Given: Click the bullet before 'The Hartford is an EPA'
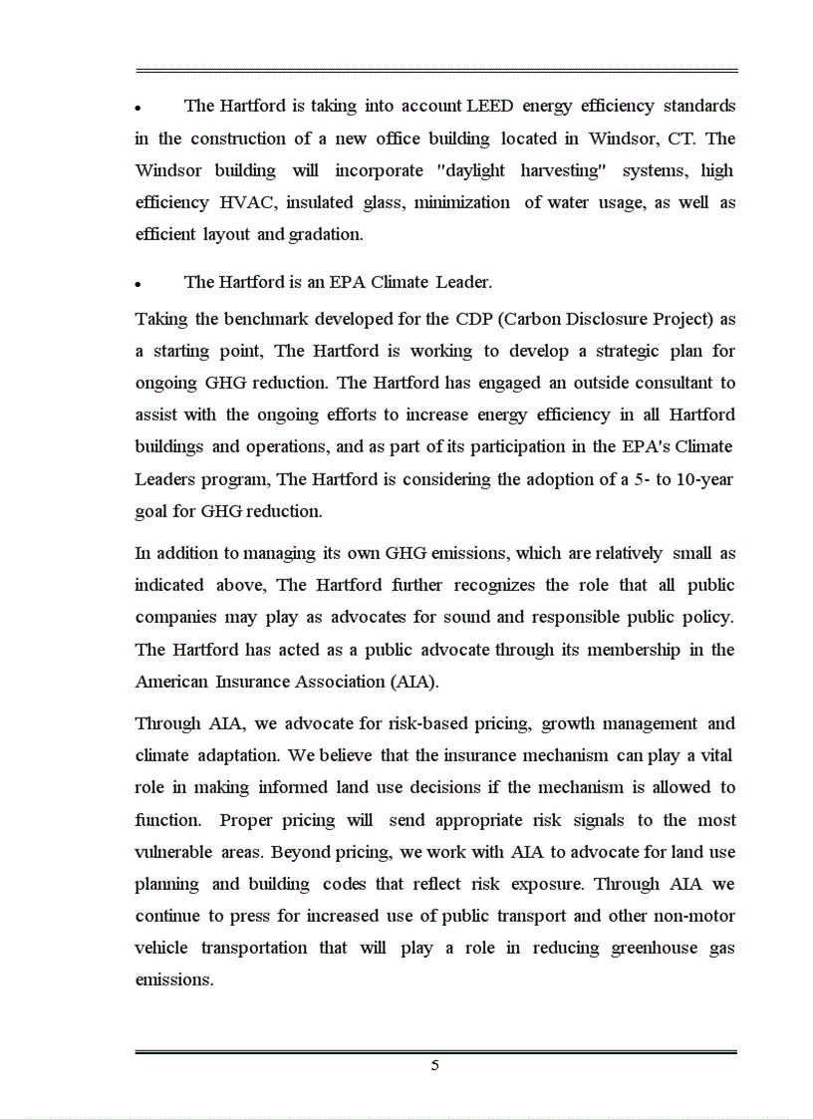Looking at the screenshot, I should [x=140, y=284].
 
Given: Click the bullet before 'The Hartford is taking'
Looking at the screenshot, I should [x=140, y=108].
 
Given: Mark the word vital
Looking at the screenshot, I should [x=717, y=755].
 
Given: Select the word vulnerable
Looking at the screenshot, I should [x=173, y=853].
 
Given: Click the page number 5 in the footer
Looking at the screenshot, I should [x=435, y=1065].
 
